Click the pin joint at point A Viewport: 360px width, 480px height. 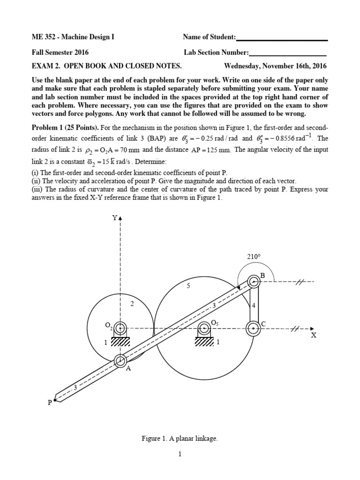tap(120, 360)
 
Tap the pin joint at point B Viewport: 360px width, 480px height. tap(254, 282)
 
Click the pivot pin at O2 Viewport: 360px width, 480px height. tap(120, 328)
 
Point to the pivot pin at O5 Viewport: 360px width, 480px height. tap(204, 328)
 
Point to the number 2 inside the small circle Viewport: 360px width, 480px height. tap(132, 304)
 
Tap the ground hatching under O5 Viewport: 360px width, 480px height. tap(204, 342)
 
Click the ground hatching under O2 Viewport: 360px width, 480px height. tap(120, 342)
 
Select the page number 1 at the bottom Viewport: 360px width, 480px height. tap(180, 454)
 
